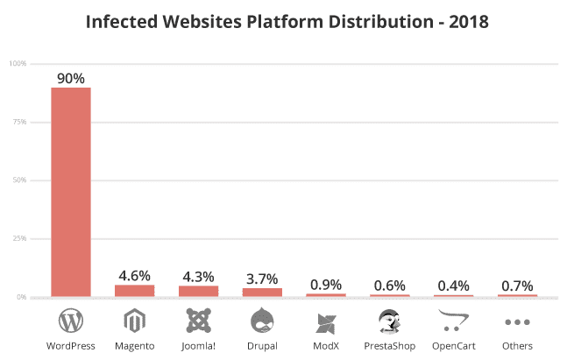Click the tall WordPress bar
71,192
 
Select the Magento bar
135,291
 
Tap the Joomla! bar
199,291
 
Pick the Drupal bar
262,293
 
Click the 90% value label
71,78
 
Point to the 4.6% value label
135,275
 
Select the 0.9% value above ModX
326,284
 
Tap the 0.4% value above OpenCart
453,286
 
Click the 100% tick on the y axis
18,64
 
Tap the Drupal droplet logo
262,321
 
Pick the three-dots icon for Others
517,322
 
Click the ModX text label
326,346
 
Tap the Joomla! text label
199,346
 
